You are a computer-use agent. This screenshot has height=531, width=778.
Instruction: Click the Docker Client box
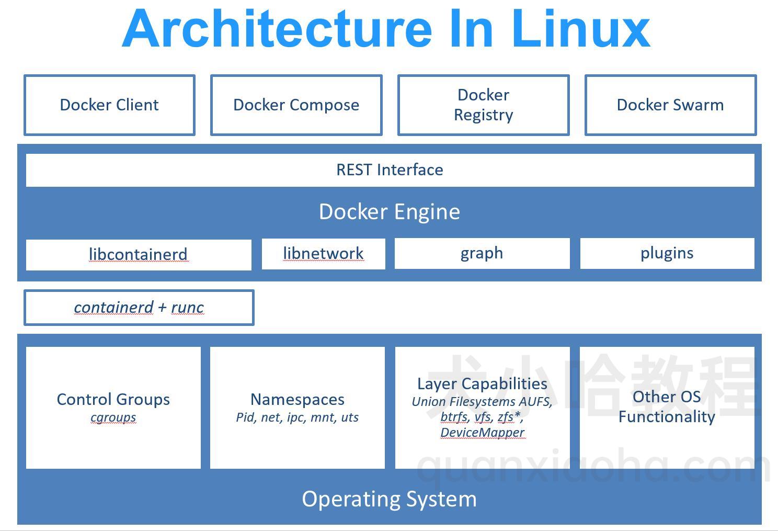pos(109,105)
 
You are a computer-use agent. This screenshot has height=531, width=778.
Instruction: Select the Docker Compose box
pos(296,105)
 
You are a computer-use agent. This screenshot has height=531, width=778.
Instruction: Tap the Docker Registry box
pos(483,105)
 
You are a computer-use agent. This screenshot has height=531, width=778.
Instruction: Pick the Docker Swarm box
pos(670,105)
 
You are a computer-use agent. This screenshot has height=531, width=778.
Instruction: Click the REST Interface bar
pos(390,170)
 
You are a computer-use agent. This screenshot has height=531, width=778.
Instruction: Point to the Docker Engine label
pos(390,212)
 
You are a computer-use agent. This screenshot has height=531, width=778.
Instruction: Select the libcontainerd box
pos(138,255)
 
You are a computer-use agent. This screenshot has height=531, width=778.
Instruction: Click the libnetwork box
pos(323,254)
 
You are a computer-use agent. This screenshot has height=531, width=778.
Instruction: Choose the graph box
pos(482,253)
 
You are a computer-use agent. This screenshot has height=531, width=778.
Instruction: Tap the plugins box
pos(667,253)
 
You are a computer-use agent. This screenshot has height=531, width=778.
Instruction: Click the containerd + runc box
pos(139,308)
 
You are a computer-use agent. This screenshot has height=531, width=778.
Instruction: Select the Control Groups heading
pos(113,399)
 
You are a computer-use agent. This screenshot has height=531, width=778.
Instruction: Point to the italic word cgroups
pos(113,417)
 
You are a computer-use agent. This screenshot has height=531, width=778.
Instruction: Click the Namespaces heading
pos(298,399)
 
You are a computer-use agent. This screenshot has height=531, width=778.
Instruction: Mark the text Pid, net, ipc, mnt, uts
pos(298,417)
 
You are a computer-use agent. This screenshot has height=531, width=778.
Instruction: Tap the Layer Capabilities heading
pos(482,383)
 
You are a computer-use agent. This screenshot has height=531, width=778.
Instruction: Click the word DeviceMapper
pos(482,433)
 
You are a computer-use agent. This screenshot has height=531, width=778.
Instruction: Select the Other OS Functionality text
pos(667,406)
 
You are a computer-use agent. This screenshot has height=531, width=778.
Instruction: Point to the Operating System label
pos(390,499)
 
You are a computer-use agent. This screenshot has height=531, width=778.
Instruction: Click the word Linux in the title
pos(580,29)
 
